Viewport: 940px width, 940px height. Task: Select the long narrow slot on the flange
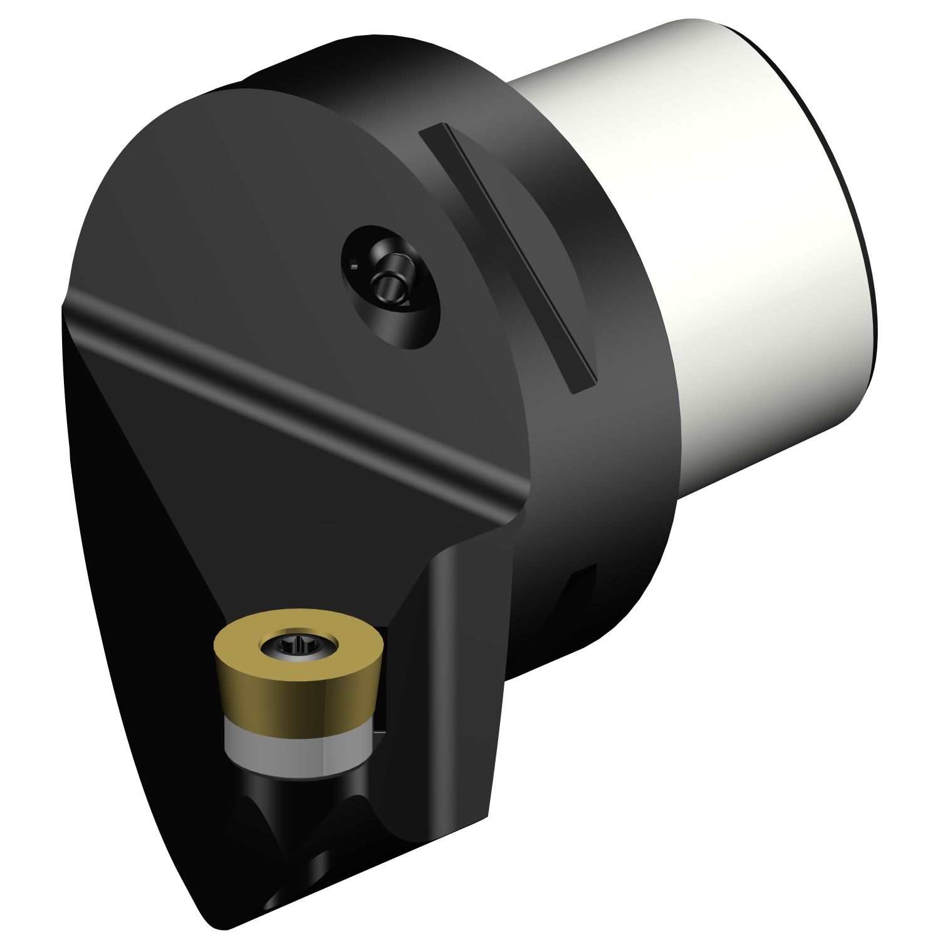[508, 257]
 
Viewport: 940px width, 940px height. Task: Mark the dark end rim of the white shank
[868, 251]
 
